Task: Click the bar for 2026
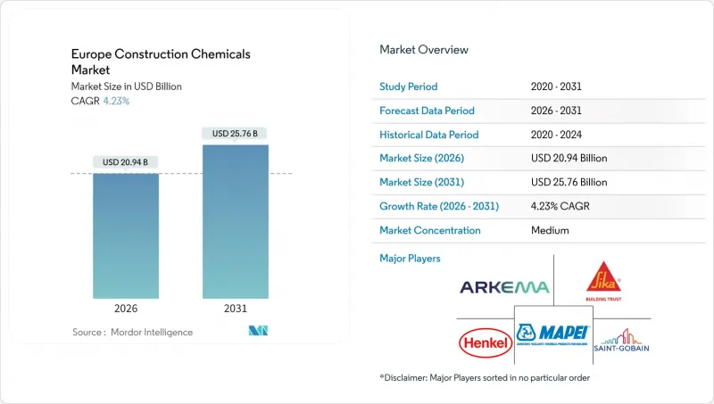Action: (126, 235)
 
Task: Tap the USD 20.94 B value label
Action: (126, 161)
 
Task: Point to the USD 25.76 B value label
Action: (235, 133)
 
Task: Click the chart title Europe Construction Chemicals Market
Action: (161, 62)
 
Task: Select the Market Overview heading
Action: (424, 49)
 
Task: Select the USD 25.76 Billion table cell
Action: (569, 182)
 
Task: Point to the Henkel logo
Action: (485, 342)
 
